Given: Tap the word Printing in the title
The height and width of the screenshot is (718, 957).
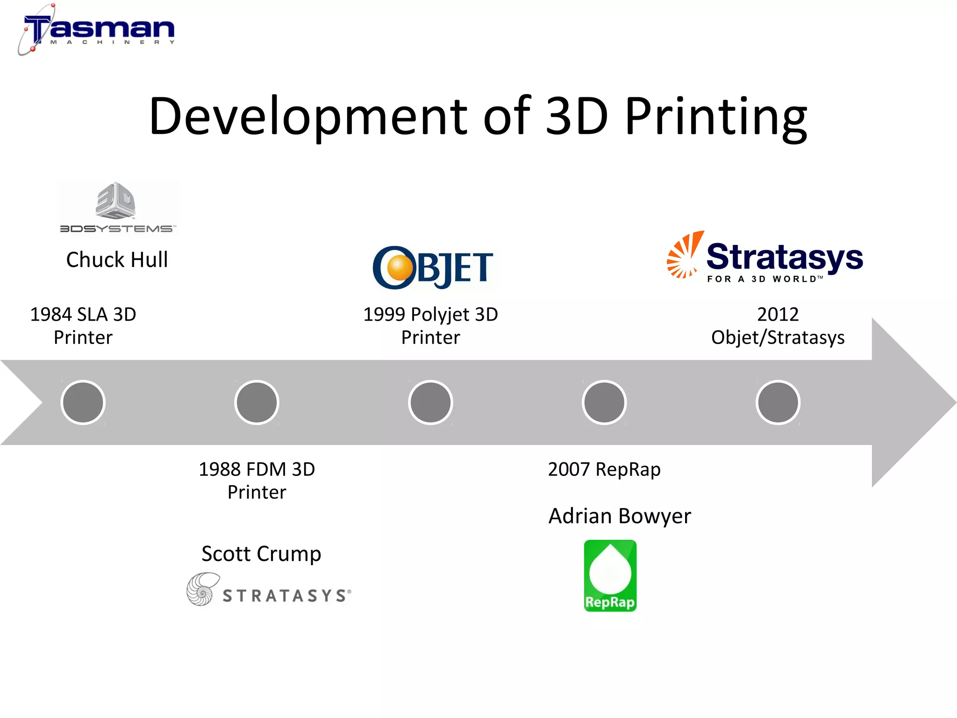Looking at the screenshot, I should click(716, 116).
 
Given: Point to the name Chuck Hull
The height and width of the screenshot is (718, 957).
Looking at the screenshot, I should click(117, 260).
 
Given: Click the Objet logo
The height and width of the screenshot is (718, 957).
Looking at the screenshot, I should click(433, 267).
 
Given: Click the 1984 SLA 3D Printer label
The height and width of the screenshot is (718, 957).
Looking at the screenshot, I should click(83, 326).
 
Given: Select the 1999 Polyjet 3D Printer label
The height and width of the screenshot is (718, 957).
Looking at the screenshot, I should click(430, 326).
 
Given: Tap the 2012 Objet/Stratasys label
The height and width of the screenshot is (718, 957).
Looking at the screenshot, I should click(778, 326).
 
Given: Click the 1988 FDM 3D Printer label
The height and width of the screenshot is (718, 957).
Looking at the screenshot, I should click(257, 481).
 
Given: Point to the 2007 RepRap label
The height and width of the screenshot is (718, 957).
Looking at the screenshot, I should click(604, 469).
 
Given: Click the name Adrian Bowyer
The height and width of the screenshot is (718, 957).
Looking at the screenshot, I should click(619, 516).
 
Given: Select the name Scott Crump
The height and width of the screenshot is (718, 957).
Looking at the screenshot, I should click(261, 554).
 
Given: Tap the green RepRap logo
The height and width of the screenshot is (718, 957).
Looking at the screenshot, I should click(610, 576).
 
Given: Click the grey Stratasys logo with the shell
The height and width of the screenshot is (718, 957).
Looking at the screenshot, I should click(269, 590).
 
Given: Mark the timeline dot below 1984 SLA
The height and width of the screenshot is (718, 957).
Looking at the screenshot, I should click(83, 402).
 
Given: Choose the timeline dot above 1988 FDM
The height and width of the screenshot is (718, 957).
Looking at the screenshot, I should click(257, 402).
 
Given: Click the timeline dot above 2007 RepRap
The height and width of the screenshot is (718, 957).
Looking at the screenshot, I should click(604, 402).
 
